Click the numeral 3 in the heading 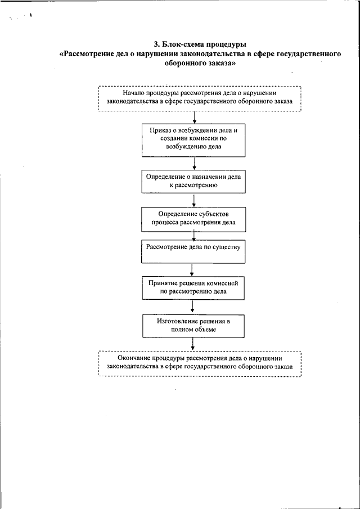coord(155,44)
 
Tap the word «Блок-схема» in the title coord(177,44)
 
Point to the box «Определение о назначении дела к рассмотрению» coord(193,182)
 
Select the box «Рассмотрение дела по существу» coord(193,251)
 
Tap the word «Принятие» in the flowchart coord(163,283)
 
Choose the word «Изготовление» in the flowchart coord(177,321)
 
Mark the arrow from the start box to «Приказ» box coord(194,118)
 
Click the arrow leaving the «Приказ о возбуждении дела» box coord(194,164)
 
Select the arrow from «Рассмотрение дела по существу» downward coord(192,269)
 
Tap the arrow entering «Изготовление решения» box coord(193,306)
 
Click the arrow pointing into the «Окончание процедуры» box coord(193,344)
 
